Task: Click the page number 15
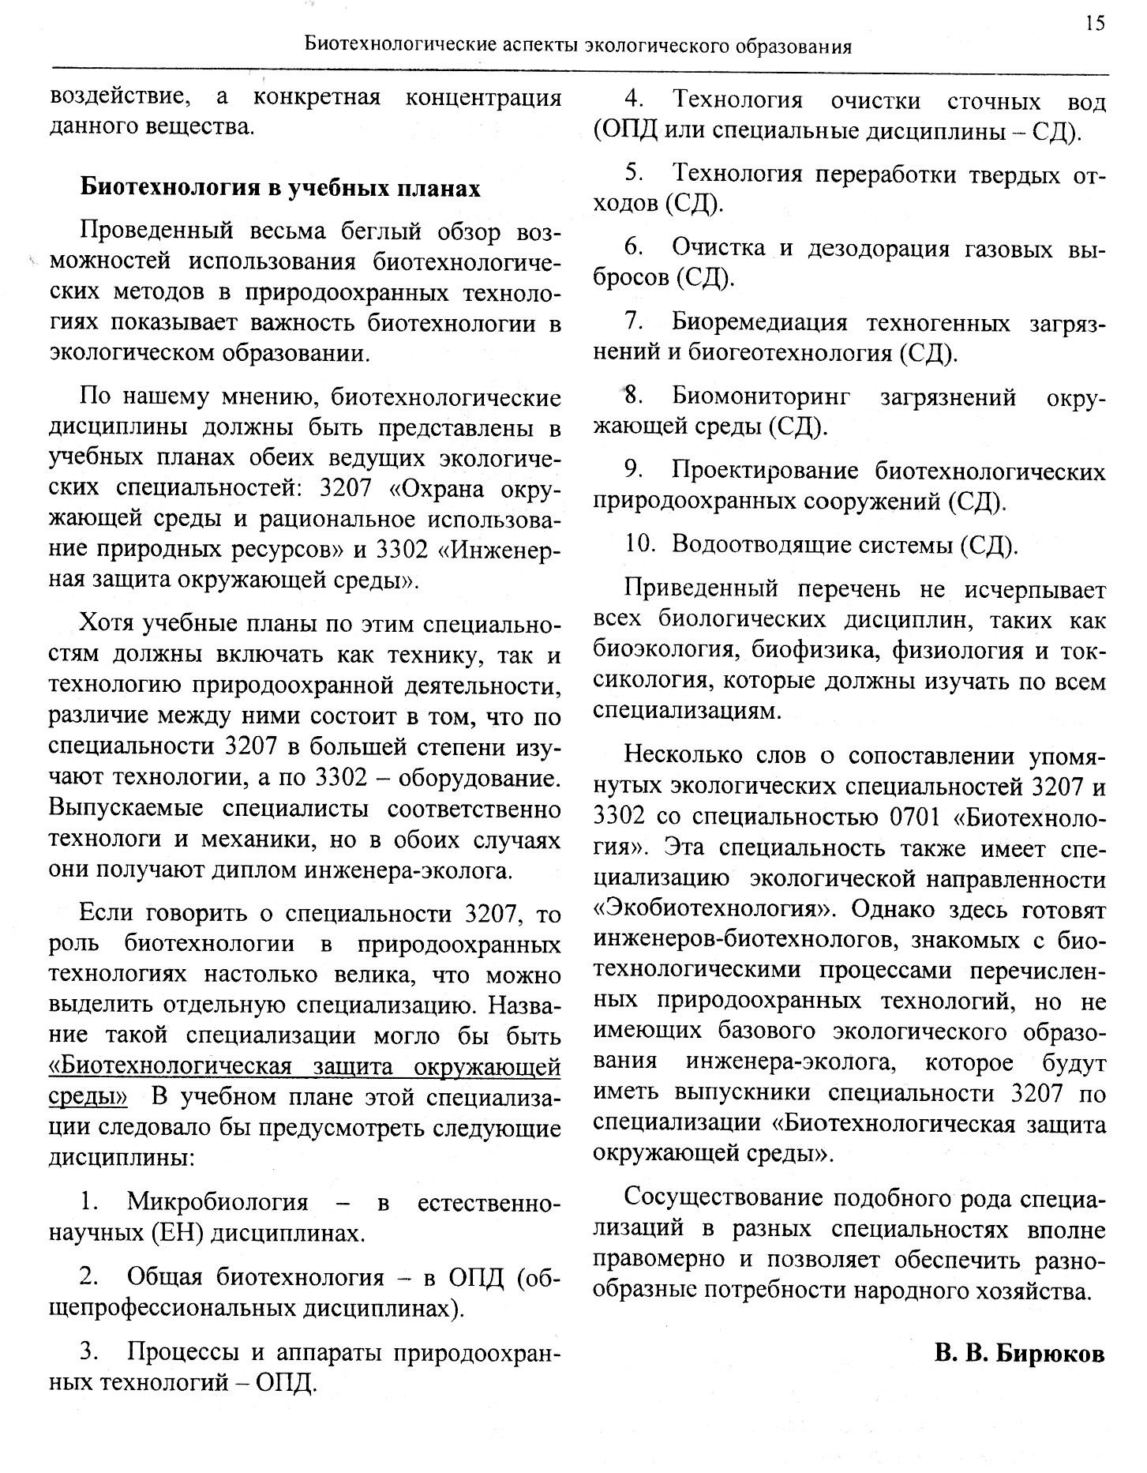1095,23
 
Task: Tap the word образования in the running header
793,47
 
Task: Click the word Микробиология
217,1203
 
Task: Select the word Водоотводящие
751,545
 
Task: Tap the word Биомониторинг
761,397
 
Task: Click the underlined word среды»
88,1098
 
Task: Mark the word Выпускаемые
126,809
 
